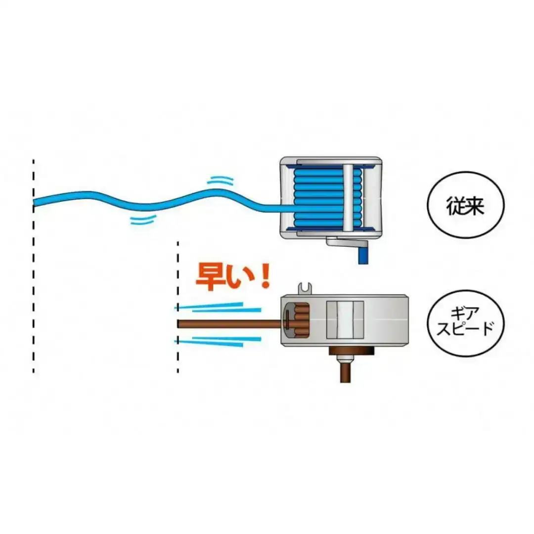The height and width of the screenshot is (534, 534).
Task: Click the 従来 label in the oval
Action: click(465, 205)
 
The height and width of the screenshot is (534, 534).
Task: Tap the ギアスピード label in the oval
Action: click(465, 322)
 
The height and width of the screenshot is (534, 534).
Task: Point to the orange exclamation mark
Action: click(264, 276)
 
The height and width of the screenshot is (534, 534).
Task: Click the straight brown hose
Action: click(230, 323)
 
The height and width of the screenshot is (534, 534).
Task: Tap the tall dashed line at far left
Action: click(34, 266)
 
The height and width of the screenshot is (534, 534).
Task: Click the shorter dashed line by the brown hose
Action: click(178, 307)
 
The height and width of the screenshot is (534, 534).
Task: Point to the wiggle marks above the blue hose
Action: click(221, 180)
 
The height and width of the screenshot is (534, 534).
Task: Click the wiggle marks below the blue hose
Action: click(143, 220)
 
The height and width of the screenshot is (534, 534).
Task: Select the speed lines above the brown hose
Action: click(218, 307)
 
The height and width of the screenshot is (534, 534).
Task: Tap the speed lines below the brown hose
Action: click(218, 341)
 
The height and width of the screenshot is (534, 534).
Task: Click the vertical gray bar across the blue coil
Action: click(348, 197)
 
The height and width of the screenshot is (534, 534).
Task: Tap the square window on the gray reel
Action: click(345, 320)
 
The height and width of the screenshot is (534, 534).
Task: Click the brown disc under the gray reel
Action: click(352, 351)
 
